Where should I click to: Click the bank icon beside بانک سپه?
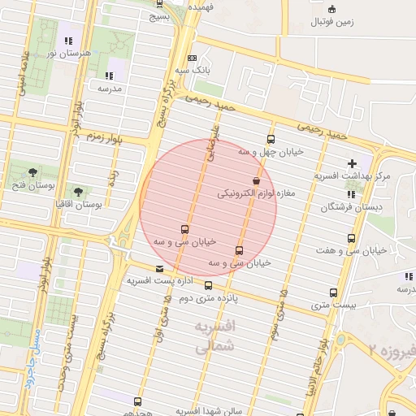[x=192, y=58]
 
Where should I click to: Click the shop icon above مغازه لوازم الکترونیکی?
[x=257, y=180]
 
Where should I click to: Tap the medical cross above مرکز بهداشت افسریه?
[x=352, y=163]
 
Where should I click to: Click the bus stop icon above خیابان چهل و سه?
[x=271, y=139]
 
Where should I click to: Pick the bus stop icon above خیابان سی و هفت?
[x=351, y=238]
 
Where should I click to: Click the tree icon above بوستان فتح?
[x=32, y=171]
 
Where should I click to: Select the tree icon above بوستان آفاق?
[x=78, y=192]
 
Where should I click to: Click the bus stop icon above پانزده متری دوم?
[x=208, y=285]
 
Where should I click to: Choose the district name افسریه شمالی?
[x=215, y=336]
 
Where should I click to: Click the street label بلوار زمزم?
[x=103, y=136]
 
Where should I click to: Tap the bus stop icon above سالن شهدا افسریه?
[x=137, y=401]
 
